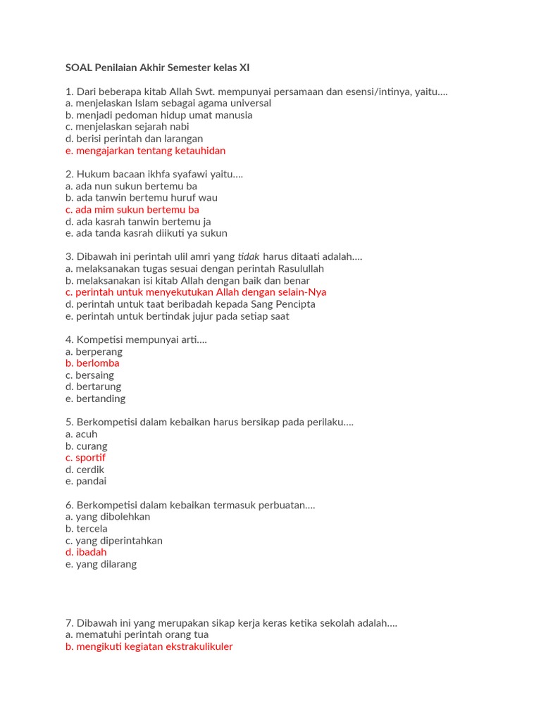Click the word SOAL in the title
79,68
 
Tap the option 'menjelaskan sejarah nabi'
127,127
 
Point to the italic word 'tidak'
249,257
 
